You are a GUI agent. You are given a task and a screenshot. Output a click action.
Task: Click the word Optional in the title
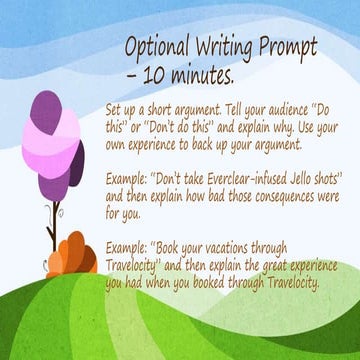(154, 48)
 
